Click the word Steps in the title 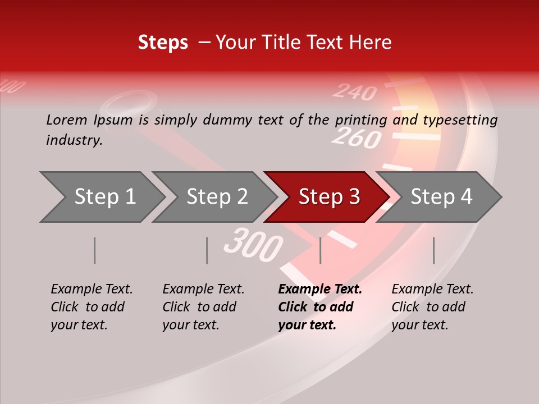(163, 43)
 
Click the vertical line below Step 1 (95, 250)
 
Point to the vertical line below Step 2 (207, 250)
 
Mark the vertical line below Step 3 (320, 250)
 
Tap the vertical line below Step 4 (433, 250)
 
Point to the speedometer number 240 (354, 91)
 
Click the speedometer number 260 (356, 137)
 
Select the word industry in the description (74, 140)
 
